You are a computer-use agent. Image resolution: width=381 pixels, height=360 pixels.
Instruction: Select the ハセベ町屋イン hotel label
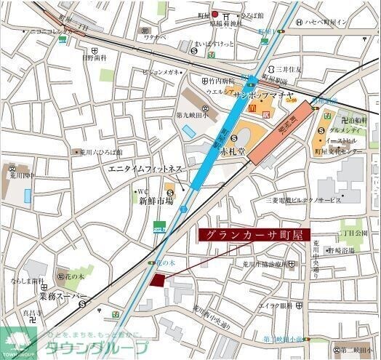coord(325,22)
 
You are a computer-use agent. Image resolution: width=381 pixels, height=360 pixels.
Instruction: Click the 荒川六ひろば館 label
coord(96,153)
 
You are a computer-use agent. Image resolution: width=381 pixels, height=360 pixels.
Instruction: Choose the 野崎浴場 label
coord(340,250)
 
